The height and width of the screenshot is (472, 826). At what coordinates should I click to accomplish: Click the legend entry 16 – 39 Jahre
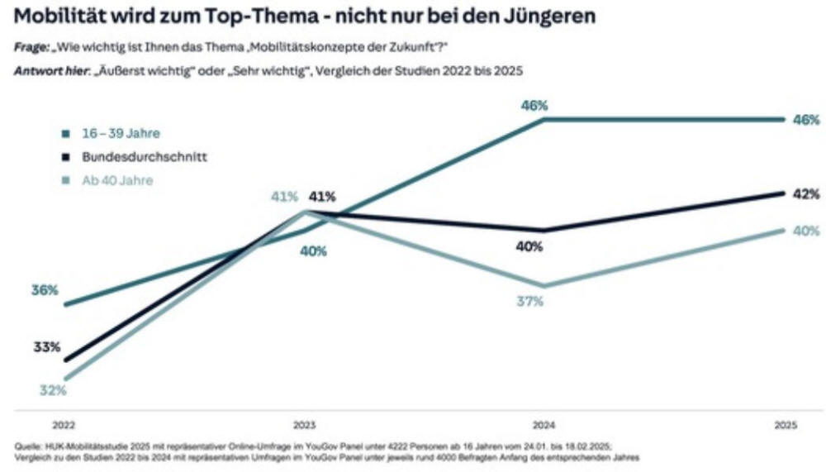pyautogui.click(x=121, y=132)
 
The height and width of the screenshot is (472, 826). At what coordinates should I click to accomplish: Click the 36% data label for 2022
pyautogui.click(x=45, y=290)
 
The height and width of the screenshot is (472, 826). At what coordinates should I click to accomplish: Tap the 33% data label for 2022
pyautogui.click(x=46, y=347)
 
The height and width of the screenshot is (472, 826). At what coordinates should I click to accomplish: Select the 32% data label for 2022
pyautogui.click(x=52, y=391)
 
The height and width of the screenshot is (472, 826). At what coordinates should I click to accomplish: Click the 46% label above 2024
pyautogui.click(x=534, y=106)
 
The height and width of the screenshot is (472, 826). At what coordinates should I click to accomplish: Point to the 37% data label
pyautogui.click(x=529, y=302)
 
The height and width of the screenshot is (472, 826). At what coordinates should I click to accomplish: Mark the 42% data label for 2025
pyautogui.click(x=806, y=194)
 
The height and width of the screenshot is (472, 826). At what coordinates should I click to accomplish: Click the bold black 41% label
pyautogui.click(x=321, y=197)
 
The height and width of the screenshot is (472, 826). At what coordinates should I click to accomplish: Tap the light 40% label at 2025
pyautogui.click(x=806, y=231)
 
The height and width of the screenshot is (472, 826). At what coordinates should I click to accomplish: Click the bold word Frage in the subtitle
pyautogui.click(x=31, y=48)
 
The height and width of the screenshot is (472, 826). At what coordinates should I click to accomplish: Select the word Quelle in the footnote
pyautogui.click(x=27, y=446)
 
